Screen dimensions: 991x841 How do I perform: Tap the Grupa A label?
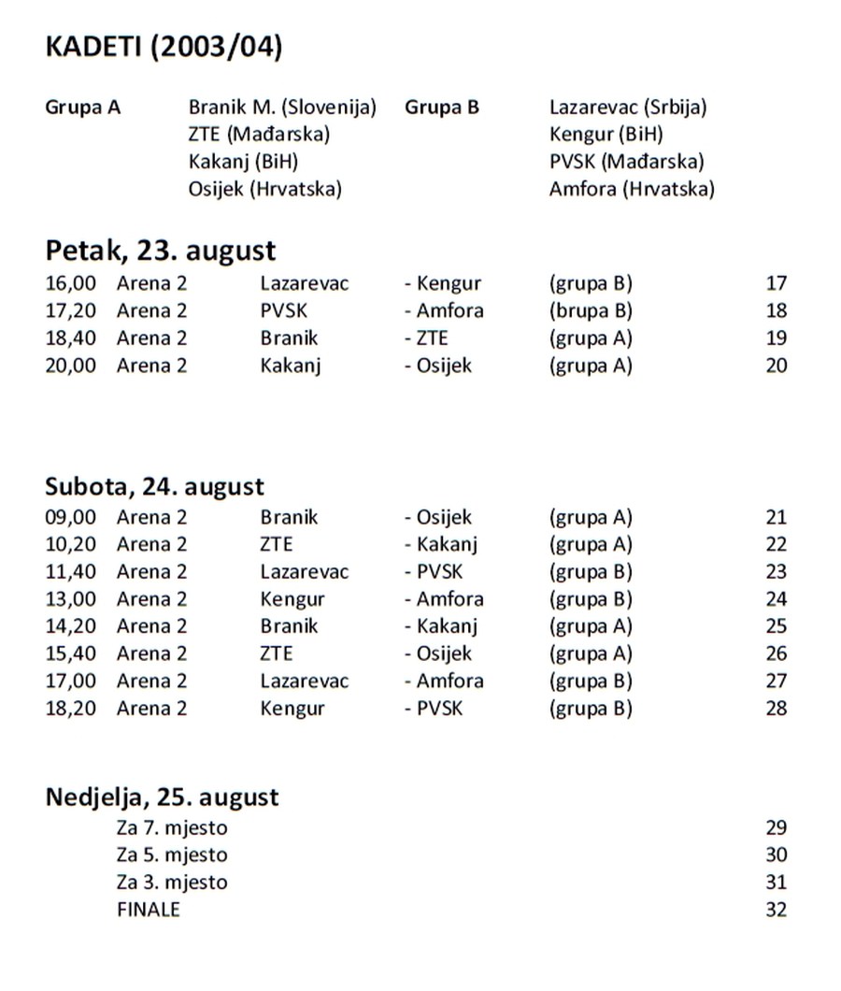coord(82,108)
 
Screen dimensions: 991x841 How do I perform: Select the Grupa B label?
coord(441,108)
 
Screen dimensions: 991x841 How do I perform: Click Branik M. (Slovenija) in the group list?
coord(282,108)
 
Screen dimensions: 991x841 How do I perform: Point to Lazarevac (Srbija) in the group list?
coord(628,108)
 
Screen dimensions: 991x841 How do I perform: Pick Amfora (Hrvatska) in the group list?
coord(632,190)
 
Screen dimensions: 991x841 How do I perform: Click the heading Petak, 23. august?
coord(161,251)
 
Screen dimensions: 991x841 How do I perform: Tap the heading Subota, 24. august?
coord(154,487)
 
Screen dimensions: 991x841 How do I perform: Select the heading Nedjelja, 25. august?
coord(162,797)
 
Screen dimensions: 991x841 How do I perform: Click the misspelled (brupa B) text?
coord(591,310)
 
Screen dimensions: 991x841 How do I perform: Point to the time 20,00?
coord(70,366)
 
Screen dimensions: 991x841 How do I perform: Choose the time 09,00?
coord(70,517)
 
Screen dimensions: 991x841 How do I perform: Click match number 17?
coord(776,283)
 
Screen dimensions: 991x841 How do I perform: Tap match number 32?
coord(776,910)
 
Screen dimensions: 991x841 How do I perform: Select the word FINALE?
coord(149,910)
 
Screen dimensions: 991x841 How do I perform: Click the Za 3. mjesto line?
coord(172,883)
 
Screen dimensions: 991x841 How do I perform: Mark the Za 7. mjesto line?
coord(172,827)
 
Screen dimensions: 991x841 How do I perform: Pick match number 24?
coord(776,599)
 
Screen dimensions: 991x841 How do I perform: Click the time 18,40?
coord(70,338)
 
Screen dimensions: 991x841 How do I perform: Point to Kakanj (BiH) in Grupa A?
coord(243,163)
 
